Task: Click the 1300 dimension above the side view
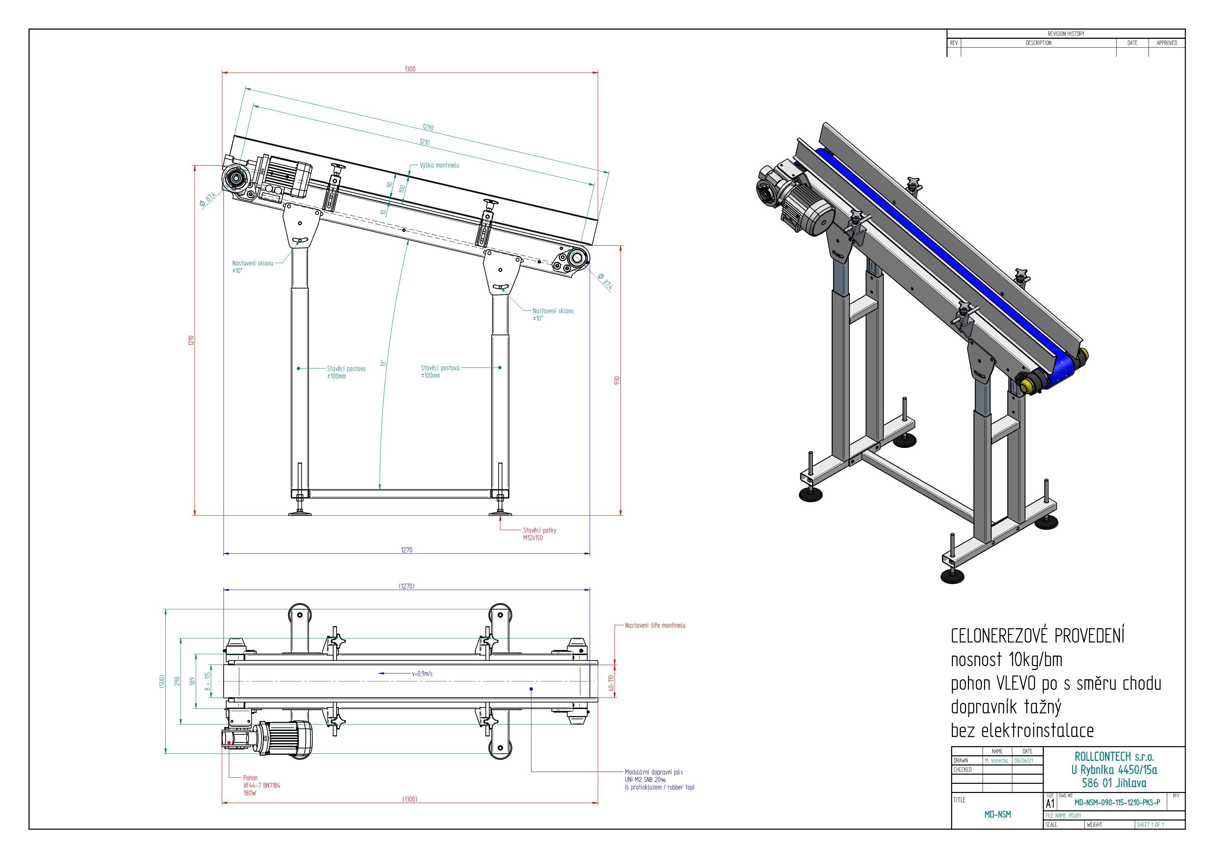pyautogui.click(x=410, y=69)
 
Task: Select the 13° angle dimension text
pyautogui.click(x=383, y=364)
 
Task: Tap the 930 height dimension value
pyautogui.click(x=616, y=380)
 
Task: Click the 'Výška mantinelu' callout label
pyautogui.click(x=439, y=165)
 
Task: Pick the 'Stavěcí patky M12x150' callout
pyautogui.click(x=539, y=534)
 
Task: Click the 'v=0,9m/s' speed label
pyautogui.click(x=422, y=673)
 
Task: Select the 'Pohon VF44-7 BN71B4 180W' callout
pyautogui.click(x=262, y=785)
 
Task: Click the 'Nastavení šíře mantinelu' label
pyautogui.click(x=655, y=625)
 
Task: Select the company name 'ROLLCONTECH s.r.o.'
pyautogui.click(x=1114, y=756)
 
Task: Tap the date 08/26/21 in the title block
pyautogui.click(x=1027, y=760)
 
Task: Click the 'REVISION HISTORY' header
pyautogui.click(x=1066, y=34)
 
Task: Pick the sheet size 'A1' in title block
pyautogui.click(x=1050, y=803)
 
